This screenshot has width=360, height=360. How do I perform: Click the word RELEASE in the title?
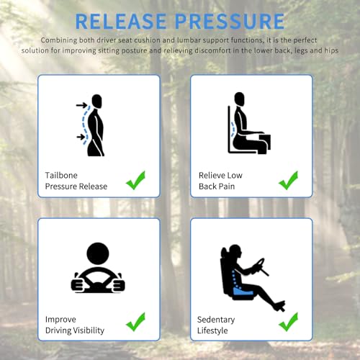[121, 21]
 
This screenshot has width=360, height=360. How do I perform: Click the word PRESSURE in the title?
[230, 21]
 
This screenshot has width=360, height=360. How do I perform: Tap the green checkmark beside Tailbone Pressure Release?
[135, 180]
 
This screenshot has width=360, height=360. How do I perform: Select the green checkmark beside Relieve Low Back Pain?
[288, 180]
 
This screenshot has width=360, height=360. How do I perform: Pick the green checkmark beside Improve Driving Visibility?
[135, 322]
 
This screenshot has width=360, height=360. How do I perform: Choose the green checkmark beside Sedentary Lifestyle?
[288, 322]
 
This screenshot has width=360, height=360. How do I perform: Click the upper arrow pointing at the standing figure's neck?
[81, 105]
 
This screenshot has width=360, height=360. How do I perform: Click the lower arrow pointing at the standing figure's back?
[81, 137]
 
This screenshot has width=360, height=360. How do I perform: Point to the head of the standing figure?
[96, 101]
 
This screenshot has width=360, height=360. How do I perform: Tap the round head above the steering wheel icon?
[98, 253]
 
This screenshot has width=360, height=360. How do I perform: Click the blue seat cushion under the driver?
[243, 292]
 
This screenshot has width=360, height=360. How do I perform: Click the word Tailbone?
[61, 175]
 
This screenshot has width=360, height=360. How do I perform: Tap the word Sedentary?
[216, 320]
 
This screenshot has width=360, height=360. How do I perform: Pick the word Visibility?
[89, 330]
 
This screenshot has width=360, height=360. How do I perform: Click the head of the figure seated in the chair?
[239, 99]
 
